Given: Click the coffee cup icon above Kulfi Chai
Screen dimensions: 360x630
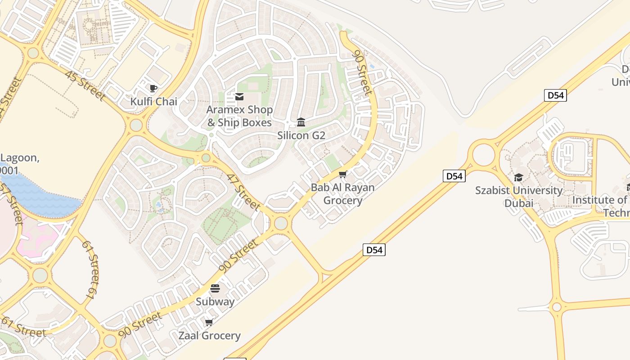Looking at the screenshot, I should click(153, 88).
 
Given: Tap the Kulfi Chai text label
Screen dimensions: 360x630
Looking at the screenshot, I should click(154, 102).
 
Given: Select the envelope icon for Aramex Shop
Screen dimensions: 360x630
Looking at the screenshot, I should click(239, 97).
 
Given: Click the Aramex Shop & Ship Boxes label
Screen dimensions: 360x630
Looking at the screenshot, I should click(239, 116).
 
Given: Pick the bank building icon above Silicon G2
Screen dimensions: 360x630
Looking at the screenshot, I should click(301, 122).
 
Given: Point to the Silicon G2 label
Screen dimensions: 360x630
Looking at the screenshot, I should click(301, 135).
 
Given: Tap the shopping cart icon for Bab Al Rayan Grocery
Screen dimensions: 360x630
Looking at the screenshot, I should click(343, 174).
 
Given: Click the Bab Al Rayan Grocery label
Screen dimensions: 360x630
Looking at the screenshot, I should click(343, 194).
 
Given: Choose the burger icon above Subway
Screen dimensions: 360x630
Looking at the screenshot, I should click(215, 288).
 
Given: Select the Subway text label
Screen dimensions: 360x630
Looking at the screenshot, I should click(215, 301).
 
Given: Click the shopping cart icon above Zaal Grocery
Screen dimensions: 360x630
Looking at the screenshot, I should click(209, 322).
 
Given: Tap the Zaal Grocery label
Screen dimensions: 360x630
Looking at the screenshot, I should click(210, 336).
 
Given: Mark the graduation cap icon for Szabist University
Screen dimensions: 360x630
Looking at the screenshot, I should click(518, 177).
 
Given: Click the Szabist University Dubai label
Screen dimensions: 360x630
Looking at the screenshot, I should click(519, 197).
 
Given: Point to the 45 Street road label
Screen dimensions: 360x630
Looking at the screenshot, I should click(85, 85).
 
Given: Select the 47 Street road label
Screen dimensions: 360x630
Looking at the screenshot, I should click(243, 192).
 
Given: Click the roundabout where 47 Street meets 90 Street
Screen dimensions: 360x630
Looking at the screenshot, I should click(281, 223).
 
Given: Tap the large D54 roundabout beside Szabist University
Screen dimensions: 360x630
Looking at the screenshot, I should click(484, 154).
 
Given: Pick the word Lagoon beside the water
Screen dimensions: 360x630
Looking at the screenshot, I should click(20, 158).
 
